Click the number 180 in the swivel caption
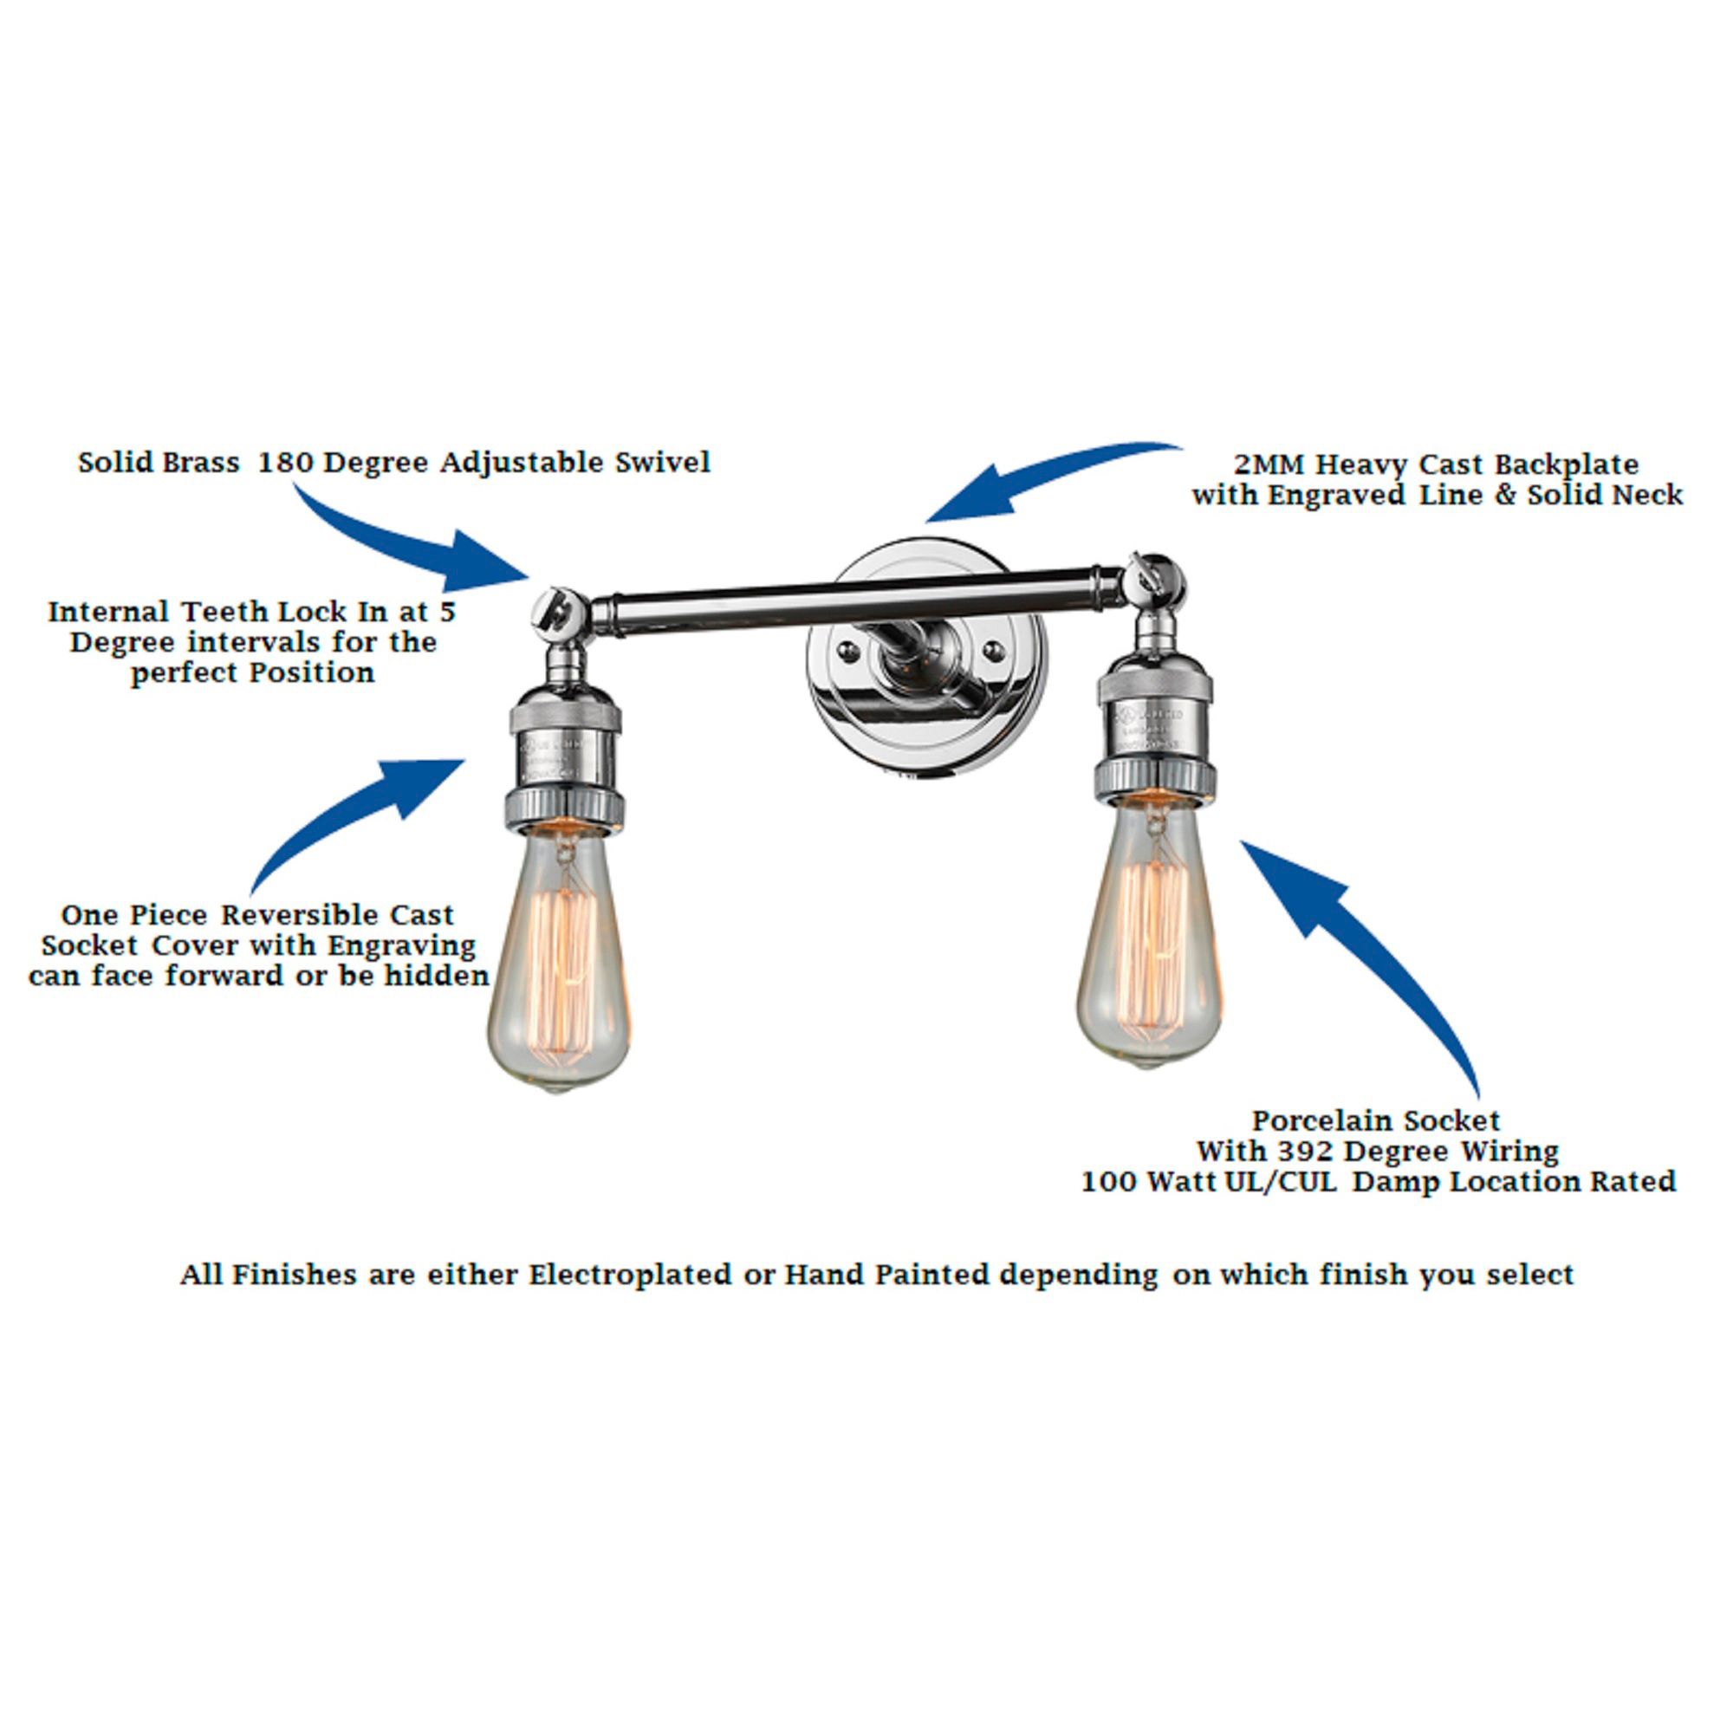[285, 463]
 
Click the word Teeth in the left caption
[225, 613]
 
